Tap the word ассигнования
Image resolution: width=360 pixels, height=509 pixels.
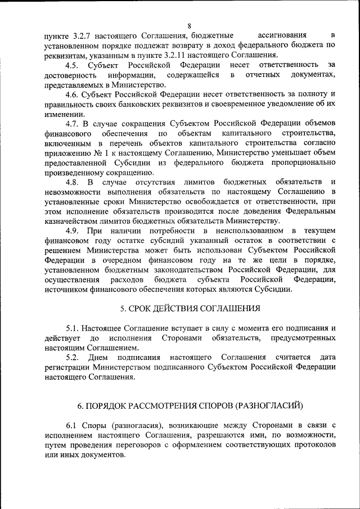coord(281,35)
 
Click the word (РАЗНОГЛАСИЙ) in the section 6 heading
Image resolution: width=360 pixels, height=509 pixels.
coord(269,406)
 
